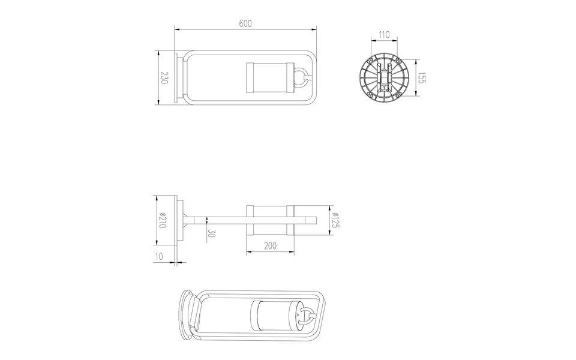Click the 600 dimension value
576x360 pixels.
pyautogui.click(x=245, y=23)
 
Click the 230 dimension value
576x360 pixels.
pyautogui.click(x=163, y=78)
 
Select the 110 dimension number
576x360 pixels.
pyautogui.click(x=385, y=35)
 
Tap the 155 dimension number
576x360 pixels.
pyautogui.click(x=421, y=78)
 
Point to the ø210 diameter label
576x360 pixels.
pyautogui.click(x=161, y=220)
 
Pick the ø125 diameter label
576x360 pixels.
pyautogui.click(x=337, y=220)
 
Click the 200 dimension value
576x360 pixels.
pyautogui.click(x=270, y=246)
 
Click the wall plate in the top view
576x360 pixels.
pyautogui.click(x=176, y=78)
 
